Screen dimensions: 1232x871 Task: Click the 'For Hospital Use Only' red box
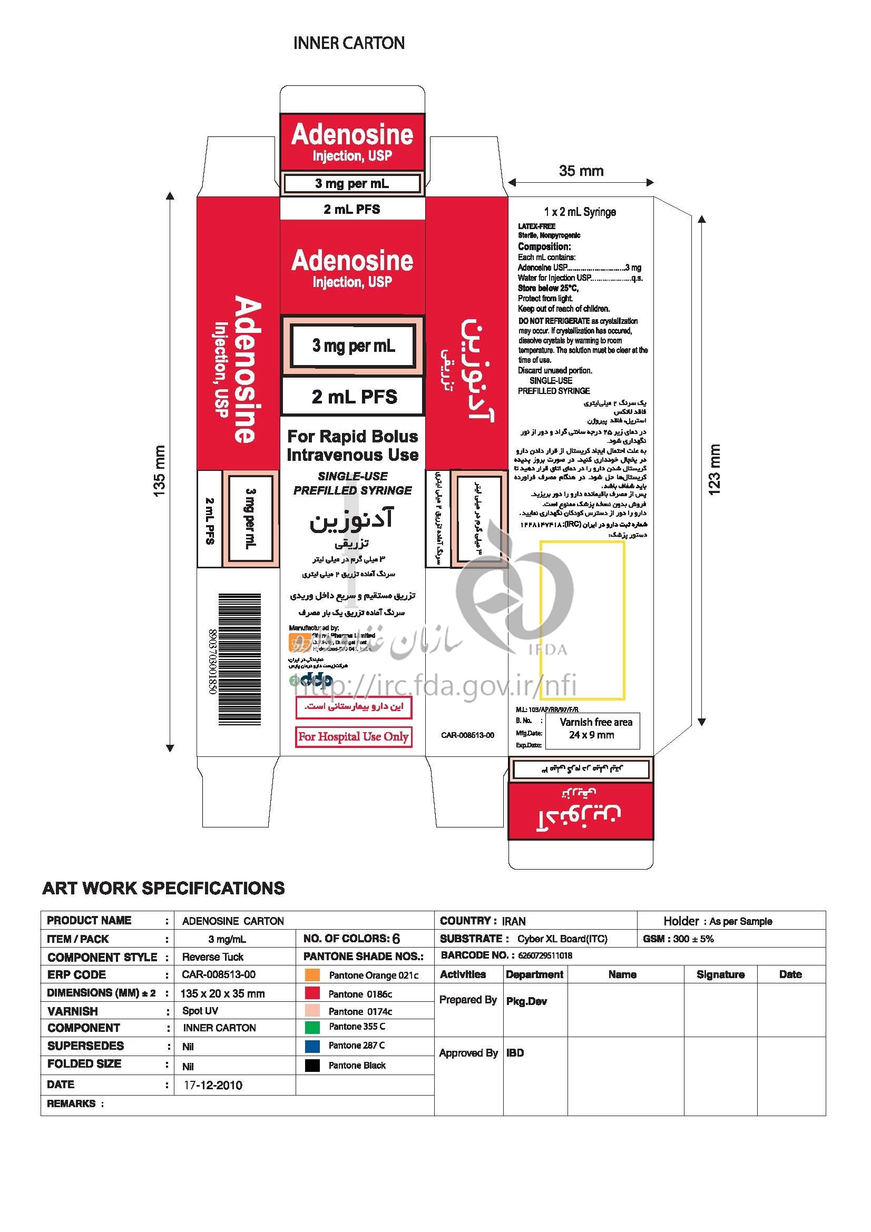354,736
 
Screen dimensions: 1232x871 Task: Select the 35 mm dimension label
581,171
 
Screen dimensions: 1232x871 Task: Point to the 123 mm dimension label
715,469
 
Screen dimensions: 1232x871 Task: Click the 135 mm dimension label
159,471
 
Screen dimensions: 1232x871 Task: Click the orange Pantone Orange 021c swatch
312,975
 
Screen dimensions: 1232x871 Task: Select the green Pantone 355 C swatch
312,1027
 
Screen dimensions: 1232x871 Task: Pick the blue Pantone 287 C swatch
312,1046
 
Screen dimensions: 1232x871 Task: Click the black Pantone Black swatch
312,1066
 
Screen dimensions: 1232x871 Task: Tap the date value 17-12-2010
213,1086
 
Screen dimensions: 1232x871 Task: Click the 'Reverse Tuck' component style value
212,957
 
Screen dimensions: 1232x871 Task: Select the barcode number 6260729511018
545,955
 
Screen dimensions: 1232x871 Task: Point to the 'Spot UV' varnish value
200,1011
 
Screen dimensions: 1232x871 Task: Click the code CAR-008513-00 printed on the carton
467,735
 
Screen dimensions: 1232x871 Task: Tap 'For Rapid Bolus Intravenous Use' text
353,446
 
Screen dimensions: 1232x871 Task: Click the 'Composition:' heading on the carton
544,247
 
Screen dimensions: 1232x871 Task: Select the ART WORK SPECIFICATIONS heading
163,889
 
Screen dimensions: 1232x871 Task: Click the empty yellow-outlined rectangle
582,620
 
